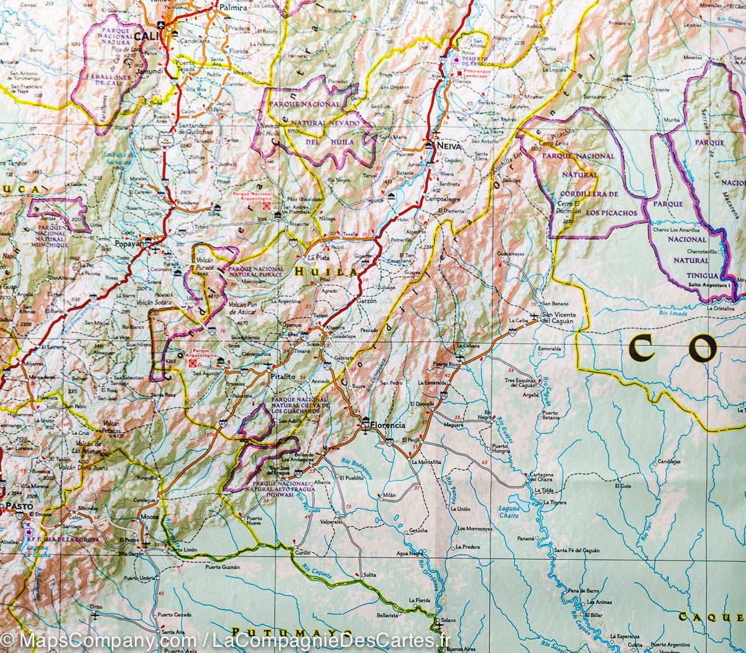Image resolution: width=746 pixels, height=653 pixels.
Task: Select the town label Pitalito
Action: point(282,376)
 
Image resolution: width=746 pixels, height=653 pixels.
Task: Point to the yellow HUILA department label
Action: point(326,272)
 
